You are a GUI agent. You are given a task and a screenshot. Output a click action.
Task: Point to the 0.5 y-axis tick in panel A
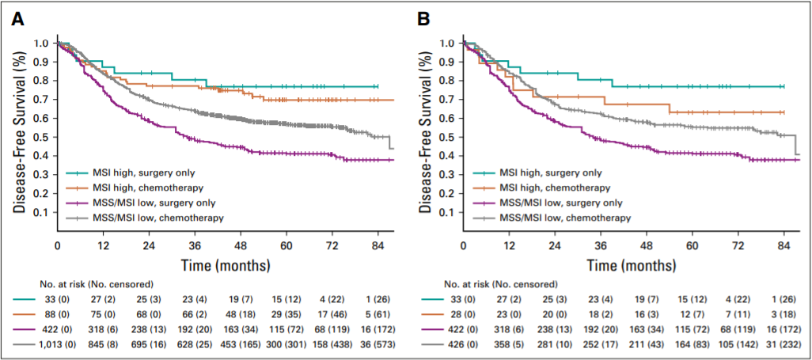[44, 136]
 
